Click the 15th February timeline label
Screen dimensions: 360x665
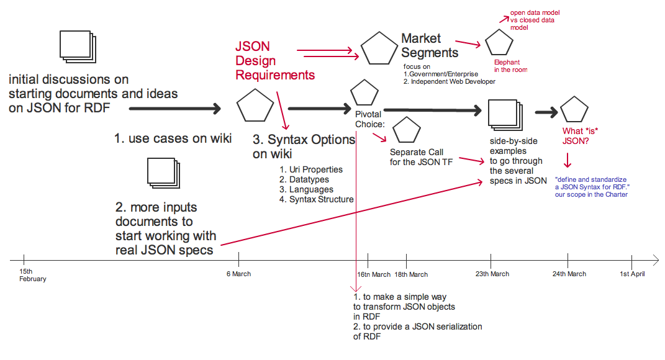coord(33,275)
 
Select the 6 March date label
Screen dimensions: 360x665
coord(238,274)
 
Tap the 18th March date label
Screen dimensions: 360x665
coord(411,274)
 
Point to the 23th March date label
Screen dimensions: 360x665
coord(492,274)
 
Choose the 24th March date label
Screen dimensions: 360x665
coord(569,274)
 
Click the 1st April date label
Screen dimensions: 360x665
coord(632,274)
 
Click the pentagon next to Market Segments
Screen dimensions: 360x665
coord(379,48)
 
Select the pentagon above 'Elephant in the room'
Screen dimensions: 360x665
coord(499,43)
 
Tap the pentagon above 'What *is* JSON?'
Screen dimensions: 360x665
coord(574,110)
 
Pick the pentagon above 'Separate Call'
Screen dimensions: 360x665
coord(407,130)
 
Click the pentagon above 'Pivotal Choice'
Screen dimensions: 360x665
coord(364,92)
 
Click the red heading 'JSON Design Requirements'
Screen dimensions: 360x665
coord(274,61)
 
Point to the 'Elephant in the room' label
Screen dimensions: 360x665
coord(510,66)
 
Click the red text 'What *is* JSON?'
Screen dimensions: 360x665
coord(576,136)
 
